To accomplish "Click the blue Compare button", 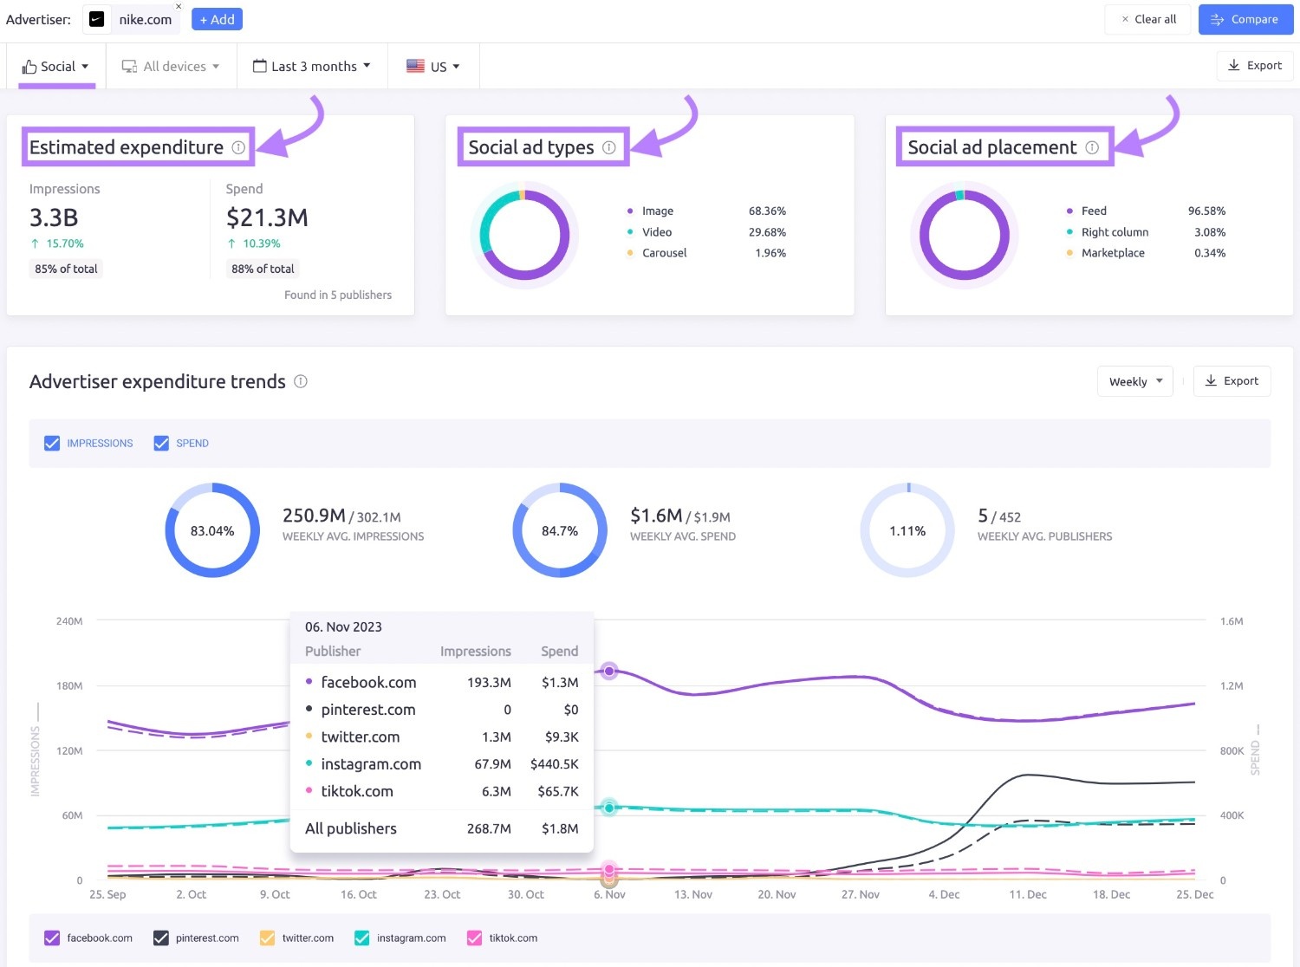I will tap(1245, 19).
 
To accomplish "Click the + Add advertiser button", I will tap(217, 19).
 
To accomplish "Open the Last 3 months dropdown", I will tap(312, 67).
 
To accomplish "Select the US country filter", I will tap(433, 67).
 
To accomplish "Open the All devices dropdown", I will tap(171, 67).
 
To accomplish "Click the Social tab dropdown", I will tap(56, 67).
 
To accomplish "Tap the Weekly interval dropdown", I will tap(1134, 381).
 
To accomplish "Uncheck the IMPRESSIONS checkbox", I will tap(52, 443).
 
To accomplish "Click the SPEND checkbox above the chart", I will tap(161, 443).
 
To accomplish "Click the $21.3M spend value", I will tap(267, 217).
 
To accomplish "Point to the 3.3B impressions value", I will tap(54, 217).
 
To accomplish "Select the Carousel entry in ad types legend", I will tap(664, 253).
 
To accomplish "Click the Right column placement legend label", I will tap(1115, 232).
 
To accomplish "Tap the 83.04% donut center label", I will tap(212, 531).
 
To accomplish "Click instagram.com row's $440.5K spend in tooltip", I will tap(554, 764).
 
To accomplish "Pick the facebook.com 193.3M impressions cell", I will tap(489, 683).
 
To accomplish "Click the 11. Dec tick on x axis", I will tap(1027, 894).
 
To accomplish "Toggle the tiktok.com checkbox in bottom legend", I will tap(474, 938).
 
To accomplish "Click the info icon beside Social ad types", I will tap(609, 147).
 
